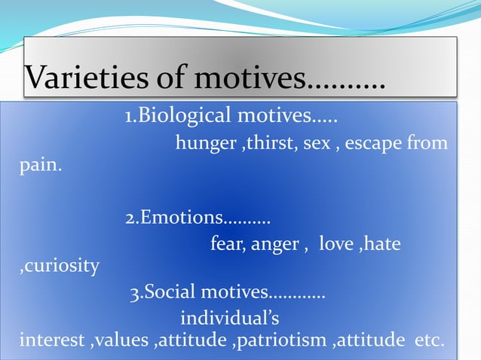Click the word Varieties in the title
[81, 77]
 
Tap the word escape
[375, 143]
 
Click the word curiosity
[60, 266]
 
